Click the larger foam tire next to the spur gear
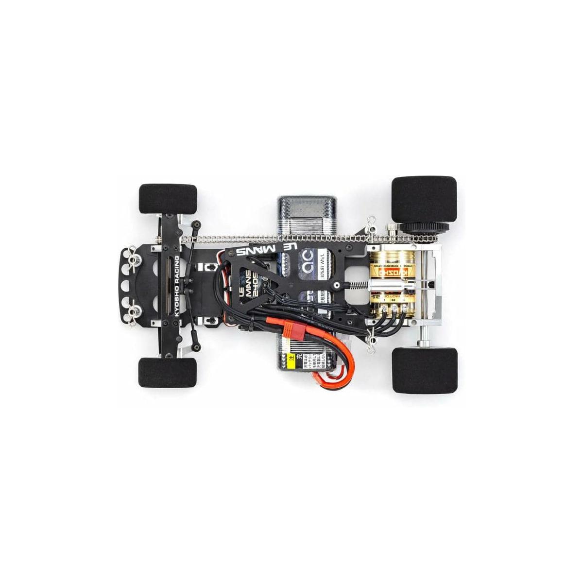point(424,199)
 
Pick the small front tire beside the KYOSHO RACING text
point(168,373)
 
